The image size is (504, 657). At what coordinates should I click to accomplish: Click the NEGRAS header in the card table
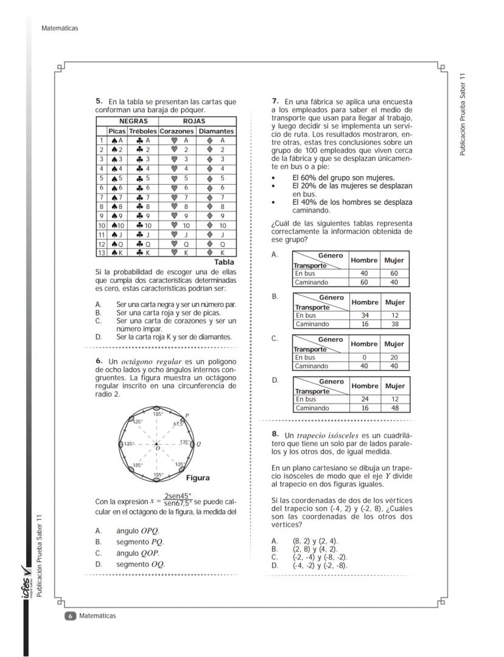point(133,122)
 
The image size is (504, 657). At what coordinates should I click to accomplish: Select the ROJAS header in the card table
point(194,122)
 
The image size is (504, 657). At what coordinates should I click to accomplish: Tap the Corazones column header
point(176,131)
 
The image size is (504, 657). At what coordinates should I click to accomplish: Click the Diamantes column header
point(216,131)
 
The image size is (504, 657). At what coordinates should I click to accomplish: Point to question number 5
point(99,101)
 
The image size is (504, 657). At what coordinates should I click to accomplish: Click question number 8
point(276,435)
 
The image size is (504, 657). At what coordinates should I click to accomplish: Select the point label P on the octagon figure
point(186,415)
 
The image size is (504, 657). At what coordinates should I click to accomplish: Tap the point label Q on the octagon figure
point(199,444)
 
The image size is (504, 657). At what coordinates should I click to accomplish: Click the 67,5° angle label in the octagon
point(178,423)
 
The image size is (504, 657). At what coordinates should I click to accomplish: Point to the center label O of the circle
point(157,449)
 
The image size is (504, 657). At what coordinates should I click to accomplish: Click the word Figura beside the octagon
point(197,478)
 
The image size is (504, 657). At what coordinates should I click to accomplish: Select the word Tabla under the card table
point(223,262)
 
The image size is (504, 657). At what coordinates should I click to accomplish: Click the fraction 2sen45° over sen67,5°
point(178,499)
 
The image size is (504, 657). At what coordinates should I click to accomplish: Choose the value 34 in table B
point(364,316)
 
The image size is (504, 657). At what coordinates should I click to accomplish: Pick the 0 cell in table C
point(364,358)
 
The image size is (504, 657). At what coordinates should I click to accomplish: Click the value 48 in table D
point(395,408)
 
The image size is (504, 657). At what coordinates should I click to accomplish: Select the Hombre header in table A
point(365,260)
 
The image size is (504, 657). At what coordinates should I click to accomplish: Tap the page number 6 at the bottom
point(70,616)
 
